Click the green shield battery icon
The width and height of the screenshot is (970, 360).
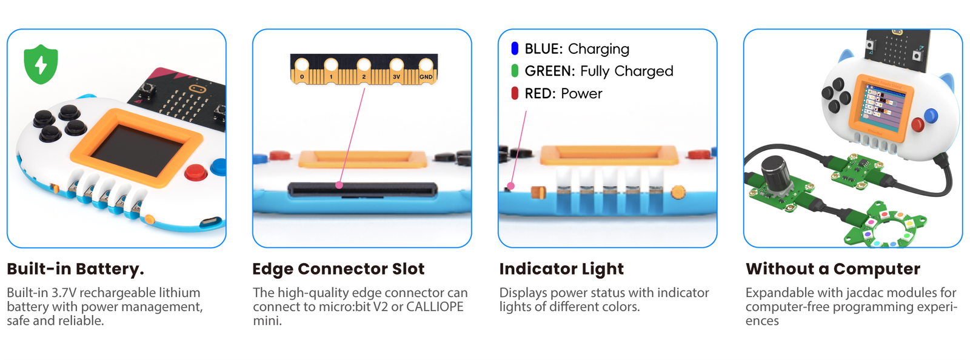(x=41, y=64)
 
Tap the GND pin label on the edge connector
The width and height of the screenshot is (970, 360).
(x=426, y=77)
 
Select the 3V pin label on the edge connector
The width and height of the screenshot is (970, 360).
(x=396, y=77)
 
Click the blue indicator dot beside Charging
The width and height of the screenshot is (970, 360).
(x=515, y=48)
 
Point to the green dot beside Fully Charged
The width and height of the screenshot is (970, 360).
(x=515, y=71)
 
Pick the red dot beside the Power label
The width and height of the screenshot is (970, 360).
(x=515, y=93)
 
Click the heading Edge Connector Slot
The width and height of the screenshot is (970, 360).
(x=338, y=269)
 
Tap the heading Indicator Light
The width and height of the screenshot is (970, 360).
(x=561, y=269)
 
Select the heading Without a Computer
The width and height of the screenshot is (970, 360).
(x=832, y=269)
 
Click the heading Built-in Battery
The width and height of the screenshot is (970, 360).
(x=75, y=269)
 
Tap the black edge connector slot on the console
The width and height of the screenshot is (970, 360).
(x=362, y=190)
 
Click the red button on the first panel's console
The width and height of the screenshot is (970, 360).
(x=195, y=172)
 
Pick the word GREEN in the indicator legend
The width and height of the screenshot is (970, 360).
(x=549, y=71)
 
